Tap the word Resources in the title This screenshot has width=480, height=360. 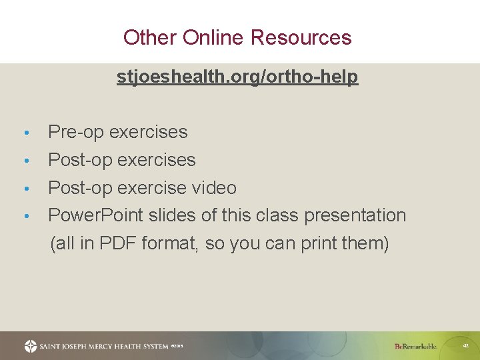pyautogui.click(x=301, y=37)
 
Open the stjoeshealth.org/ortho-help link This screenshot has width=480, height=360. pyautogui.click(x=237, y=77)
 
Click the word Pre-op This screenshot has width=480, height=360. pyautogui.click(x=76, y=132)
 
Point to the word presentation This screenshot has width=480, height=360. pyautogui.click(x=355, y=216)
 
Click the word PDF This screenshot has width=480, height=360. pyautogui.click(x=117, y=243)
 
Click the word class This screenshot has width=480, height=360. pyautogui.click(x=276, y=216)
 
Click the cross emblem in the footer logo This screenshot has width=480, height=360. pyautogui.click(x=31, y=346)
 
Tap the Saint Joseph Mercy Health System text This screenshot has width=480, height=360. pyautogui.click(x=103, y=346)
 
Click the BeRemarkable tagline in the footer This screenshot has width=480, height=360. pyautogui.click(x=416, y=346)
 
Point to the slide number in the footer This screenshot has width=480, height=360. pyautogui.click(x=465, y=346)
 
